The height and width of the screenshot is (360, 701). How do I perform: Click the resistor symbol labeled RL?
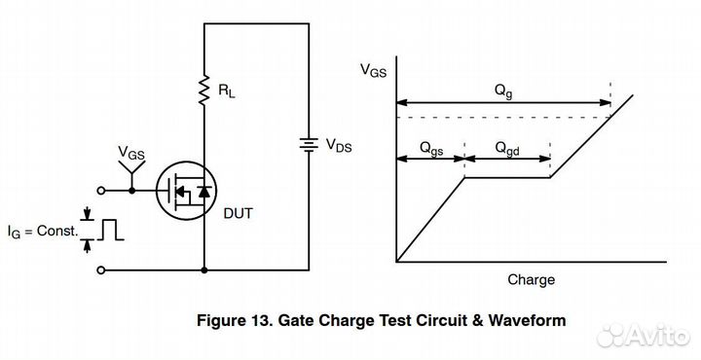point(205,91)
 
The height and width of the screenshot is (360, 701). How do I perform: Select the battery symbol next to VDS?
point(308,145)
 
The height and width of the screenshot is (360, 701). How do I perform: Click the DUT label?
point(239,213)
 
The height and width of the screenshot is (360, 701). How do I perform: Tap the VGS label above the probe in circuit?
point(131,152)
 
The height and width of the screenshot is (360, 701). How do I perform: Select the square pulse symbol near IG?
point(112,229)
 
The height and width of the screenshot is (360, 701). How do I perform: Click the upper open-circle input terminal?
point(103,192)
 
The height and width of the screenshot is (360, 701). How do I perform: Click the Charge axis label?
point(531,280)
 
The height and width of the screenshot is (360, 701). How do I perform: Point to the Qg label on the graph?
point(502,90)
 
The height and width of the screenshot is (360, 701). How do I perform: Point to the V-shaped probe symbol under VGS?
point(131,172)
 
